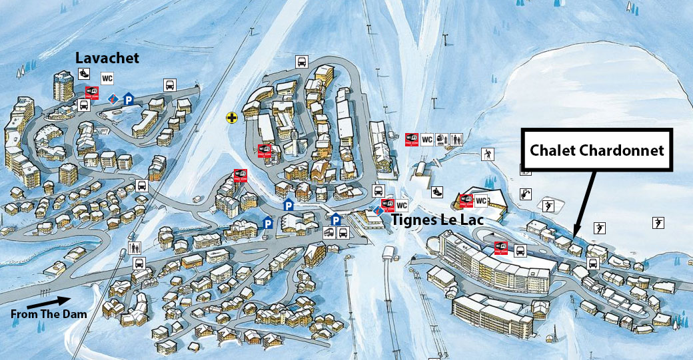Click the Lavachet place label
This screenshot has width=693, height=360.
pyautogui.click(x=107, y=58)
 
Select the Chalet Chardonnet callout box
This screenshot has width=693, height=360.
pyautogui.click(x=596, y=150)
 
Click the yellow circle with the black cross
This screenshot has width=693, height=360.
pyautogui.click(x=231, y=118)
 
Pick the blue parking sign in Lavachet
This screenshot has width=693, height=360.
pyautogui.click(x=128, y=99)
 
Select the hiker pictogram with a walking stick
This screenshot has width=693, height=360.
pyautogui.click(x=490, y=155)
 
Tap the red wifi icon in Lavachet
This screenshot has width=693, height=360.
pyautogui.click(x=91, y=92)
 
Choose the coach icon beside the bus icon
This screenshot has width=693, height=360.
pyautogui.click(x=329, y=233)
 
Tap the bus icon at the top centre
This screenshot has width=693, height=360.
pyautogui.click(x=301, y=62)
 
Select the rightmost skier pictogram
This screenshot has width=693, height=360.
pyautogui.click(x=658, y=222)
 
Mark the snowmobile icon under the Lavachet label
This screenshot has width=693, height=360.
pyautogui.click(x=84, y=73)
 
